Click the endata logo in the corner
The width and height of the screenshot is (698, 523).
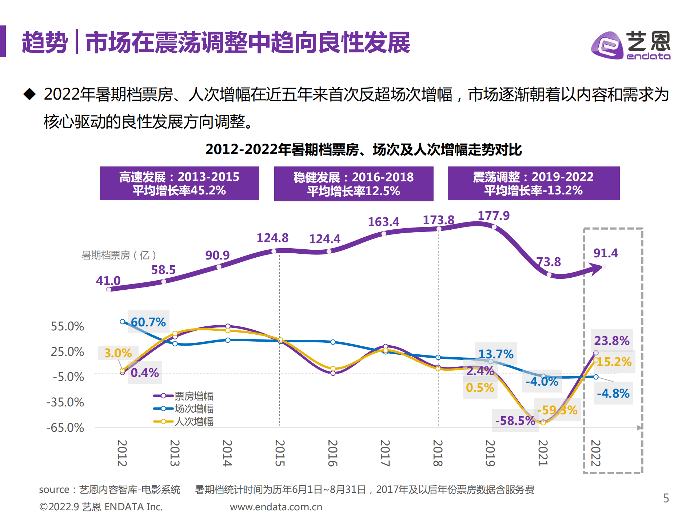pyautogui.click(x=631, y=45)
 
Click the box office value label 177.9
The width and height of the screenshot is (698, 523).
pyautogui.click(x=493, y=216)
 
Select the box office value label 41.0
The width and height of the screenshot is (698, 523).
pyautogui.click(x=108, y=281)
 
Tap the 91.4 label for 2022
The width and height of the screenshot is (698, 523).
pyautogui.click(x=605, y=253)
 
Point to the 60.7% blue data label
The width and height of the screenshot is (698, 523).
pyautogui.click(x=148, y=322)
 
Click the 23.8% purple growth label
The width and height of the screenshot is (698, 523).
pyautogui.click(x=611, y=341)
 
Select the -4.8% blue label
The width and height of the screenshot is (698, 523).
pyautogui.click(x=613, y=393)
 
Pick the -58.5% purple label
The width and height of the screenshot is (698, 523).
pyautogui.click(x=515, y=421)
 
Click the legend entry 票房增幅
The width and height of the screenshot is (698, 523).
pyautogui.click(x=193, y=396)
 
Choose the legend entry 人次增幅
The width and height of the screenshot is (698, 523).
pyautogui.click(x=193, y=422)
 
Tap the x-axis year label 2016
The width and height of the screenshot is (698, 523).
pyautogui.click(x=332, y=453)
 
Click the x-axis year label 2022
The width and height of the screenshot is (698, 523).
pyautogui.click(x=595, y=453)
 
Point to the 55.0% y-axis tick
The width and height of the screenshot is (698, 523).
pyautogui.click(x=67, y=326)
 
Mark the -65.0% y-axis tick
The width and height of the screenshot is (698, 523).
pyautogui.click(x=65, y=427)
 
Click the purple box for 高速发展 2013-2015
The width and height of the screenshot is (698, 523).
pyautogui.click(x=179, y=184)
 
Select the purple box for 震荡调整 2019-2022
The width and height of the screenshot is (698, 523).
pyautogui.click(x=533, y=184)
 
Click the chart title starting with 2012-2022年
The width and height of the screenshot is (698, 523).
pyautogui.click(x=363, y=149)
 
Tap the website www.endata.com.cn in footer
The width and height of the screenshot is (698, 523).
pyautogui.click(x=276, y=507)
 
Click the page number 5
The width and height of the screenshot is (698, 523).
pyautogui.click(x=666, y=498)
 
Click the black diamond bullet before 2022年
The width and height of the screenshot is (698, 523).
pyautogui.click(x=29, y=94)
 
